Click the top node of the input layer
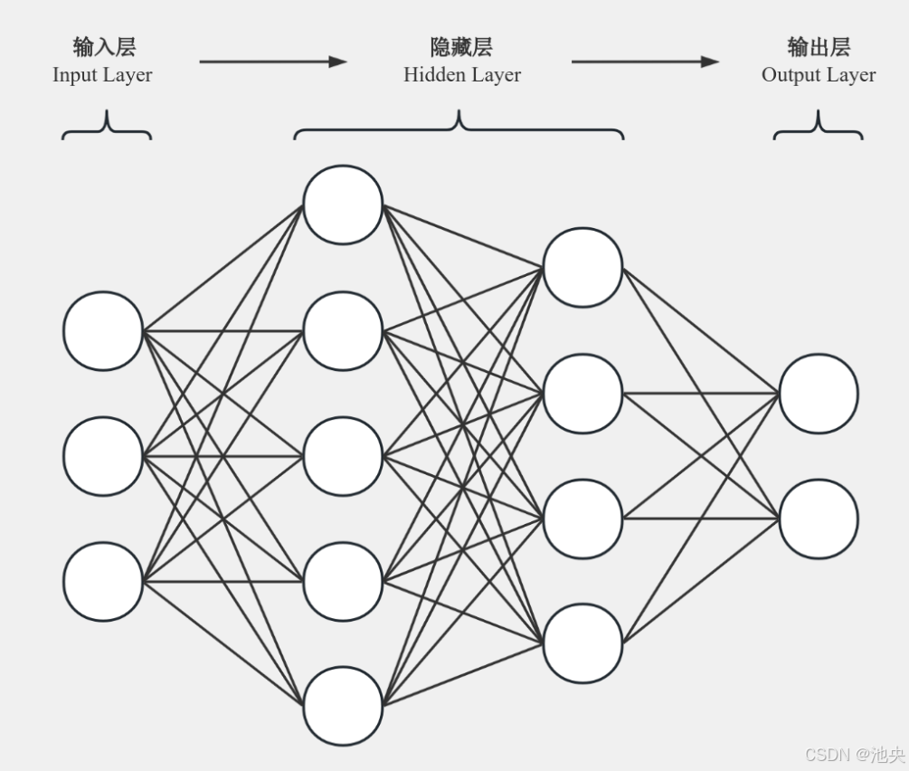[x=103, y=330]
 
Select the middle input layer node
[x=103, y=456]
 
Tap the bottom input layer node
[x=103, y=582]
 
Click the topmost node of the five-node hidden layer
[x=343, y=205]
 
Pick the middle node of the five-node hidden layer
[x=343, y=456]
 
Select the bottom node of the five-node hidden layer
[x=343, y=706]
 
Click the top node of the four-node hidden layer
[x=582, y=268]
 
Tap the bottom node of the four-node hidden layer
[x=582, y=643]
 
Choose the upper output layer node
[x=819, y=394]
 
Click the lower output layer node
[x=819, y=519]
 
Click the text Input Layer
[x=102, y=75]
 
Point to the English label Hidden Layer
[x=462, y=75]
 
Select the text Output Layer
[x=819, y=75]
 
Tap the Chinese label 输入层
[x=104, y=47]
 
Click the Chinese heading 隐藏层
[x=461, y=47]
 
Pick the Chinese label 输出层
[x=819, y=47]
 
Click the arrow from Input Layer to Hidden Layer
[x=272, y=62]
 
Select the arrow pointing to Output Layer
[x=645, y=62]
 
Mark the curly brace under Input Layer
[x=107, y=127]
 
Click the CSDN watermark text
[x=854, y=755]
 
